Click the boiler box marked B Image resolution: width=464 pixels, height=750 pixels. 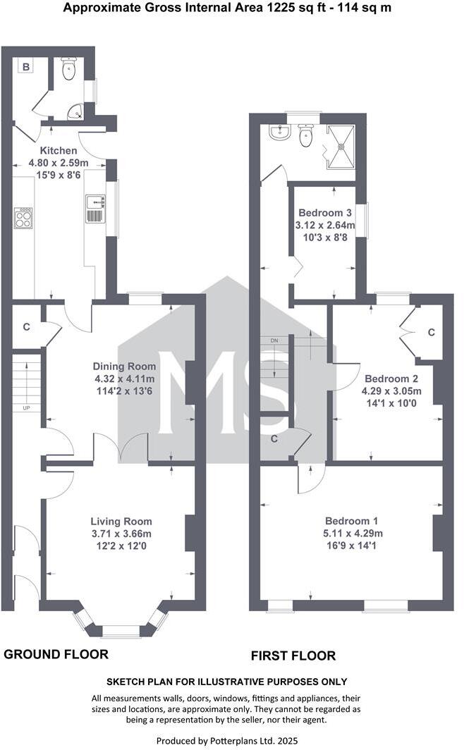point(26,67)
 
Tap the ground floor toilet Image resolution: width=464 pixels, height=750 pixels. point(68,69)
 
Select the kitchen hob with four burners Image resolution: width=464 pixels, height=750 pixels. point(23,217)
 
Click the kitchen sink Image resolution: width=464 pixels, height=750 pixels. point(94,207)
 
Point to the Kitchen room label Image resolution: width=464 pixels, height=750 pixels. point(58,151)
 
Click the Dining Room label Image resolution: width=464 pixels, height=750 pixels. point(124,367)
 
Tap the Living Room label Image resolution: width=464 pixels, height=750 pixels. point(121,522)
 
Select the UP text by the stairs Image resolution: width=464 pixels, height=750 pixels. point(26,407)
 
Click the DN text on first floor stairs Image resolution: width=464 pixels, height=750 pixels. point(274,341)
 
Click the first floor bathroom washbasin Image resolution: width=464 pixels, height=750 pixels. point(279,131)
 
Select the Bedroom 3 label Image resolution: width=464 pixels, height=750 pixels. point(326,213)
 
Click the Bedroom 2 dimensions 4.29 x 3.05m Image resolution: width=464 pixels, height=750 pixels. point(392,391)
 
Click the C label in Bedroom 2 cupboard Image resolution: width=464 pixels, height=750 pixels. point(432,332)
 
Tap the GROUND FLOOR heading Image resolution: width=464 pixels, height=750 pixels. point(56,654)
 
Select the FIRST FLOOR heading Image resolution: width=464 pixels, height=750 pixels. point(293,656)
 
